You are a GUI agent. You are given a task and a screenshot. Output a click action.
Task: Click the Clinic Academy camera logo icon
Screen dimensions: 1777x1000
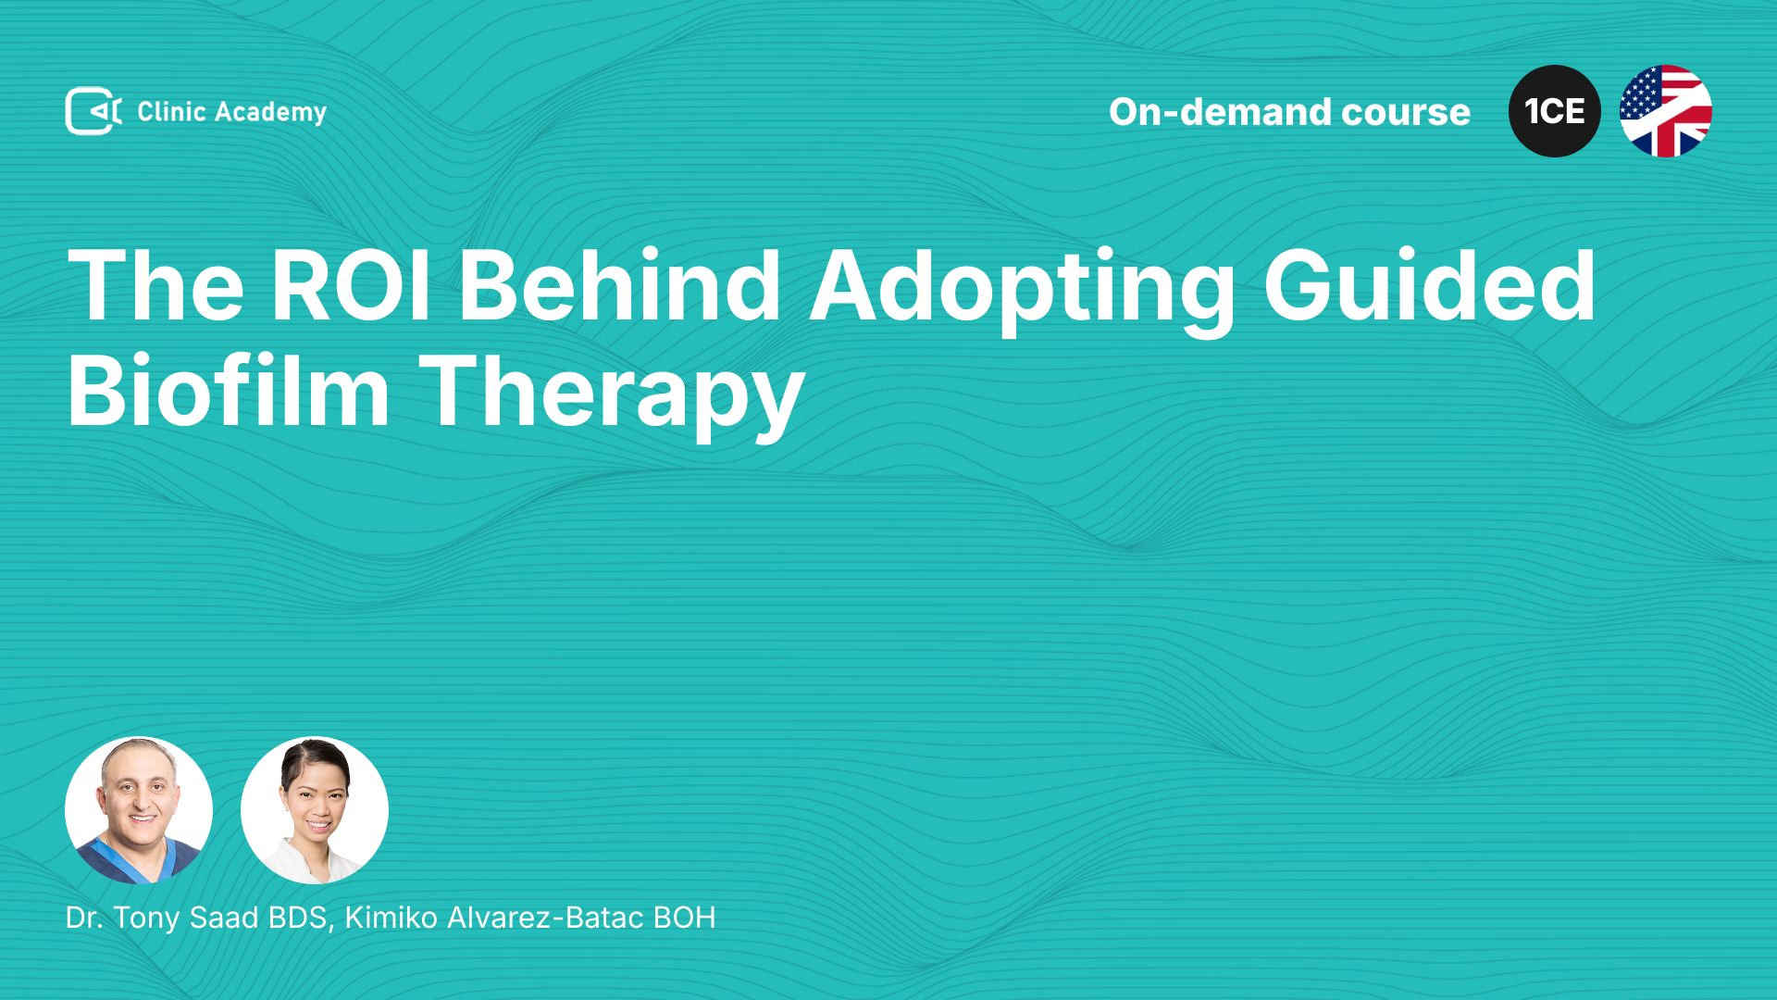coord(93,111)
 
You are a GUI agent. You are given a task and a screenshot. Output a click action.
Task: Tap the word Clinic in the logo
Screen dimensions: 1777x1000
coord(171,111)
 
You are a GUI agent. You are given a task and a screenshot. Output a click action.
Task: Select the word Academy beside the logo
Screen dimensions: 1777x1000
coord(271,113)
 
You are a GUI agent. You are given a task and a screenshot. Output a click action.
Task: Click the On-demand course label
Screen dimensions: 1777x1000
coord(1289,112)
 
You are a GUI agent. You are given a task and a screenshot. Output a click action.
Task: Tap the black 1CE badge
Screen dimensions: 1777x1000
coord(1555,111)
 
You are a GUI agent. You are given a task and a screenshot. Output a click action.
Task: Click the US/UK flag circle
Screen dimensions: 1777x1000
coord(1666,111)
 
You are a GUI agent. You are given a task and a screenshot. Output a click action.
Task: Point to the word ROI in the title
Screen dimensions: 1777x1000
coord(351,285)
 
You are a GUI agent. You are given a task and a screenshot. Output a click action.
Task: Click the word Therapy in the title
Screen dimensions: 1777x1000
coord(612,396)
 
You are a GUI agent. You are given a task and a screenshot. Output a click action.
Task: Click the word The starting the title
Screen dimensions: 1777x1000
coord(155,285)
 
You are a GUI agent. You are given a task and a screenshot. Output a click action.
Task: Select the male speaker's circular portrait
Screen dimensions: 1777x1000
coord(139,810)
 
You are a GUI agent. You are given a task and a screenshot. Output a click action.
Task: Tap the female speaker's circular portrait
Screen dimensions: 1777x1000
coord(315,810)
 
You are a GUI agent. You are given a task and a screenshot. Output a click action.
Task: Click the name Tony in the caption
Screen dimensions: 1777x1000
coord(146,919)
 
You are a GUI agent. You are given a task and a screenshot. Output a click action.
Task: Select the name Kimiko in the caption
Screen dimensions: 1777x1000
coord(391,918)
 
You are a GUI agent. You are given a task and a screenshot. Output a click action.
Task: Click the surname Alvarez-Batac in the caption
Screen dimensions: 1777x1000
coord(545,918)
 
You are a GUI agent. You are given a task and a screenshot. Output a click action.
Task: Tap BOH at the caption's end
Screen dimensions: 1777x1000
coord(684,918)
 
